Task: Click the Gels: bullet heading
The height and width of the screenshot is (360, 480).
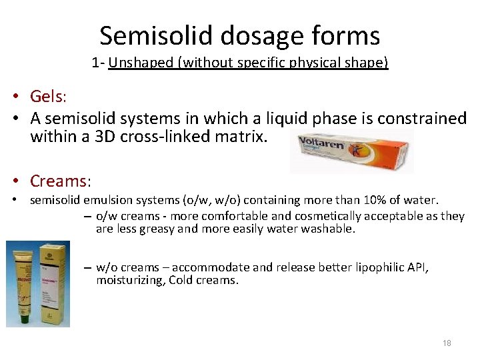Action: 48,97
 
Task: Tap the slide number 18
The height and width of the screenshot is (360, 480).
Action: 446,343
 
